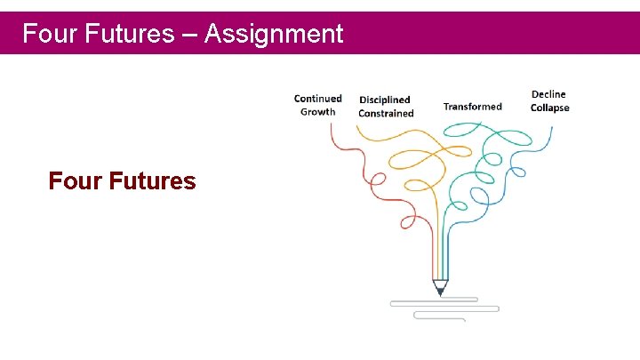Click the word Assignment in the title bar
click(274, 35)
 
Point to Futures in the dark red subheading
click(153, 181)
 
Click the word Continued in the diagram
click(317, 99)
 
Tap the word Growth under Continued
click(317, 112)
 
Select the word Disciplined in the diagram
click(384, 100)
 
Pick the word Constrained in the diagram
click(386, 114)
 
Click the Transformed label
click(472, 107)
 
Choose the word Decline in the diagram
click(548, 94)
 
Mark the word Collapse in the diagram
click(549, 108)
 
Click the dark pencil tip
click(440, 290)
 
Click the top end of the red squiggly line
click(331, 124)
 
